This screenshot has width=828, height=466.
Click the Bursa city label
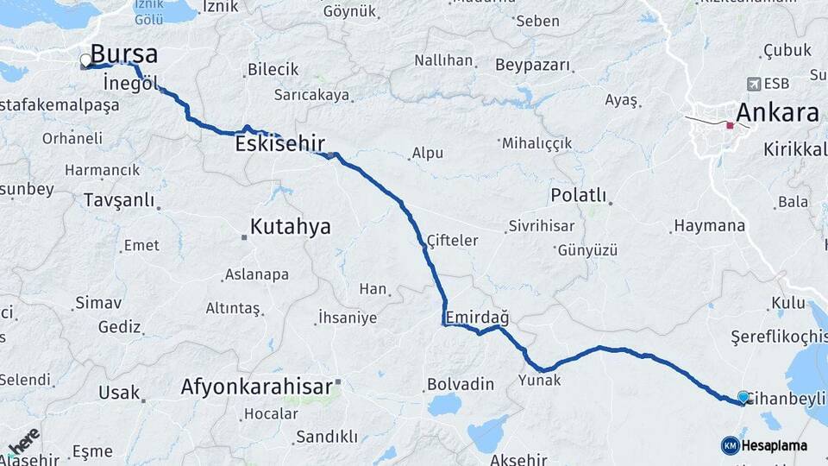tap(124, 54)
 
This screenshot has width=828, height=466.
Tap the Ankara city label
tap(777, 113)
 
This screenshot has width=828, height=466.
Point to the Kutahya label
tap(291, 227)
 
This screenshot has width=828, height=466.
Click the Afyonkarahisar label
tap(256, 387)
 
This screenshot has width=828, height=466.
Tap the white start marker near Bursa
tap(85, 60)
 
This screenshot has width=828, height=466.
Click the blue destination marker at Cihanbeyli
tap(743, 397)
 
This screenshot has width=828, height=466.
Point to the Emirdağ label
tap(477, 317)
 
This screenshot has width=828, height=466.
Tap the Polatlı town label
tap(579, 196)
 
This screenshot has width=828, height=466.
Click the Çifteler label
tap(452, 241)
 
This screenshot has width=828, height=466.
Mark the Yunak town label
tap(540, 380)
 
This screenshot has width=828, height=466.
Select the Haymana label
tap(710, 226)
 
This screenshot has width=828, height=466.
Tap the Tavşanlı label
tap(119, 201)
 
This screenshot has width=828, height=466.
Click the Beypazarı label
tap(533, 66)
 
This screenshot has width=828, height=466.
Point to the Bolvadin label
tap(461, 384)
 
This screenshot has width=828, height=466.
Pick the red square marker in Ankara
tap(730, 125)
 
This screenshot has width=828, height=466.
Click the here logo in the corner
tap(23, 441)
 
